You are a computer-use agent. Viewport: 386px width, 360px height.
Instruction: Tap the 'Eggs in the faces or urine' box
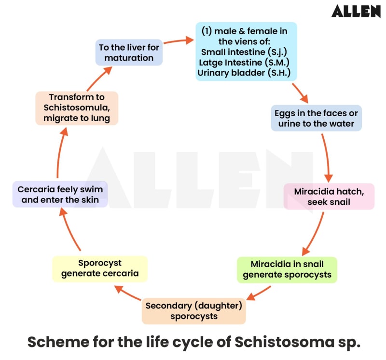[316, 119]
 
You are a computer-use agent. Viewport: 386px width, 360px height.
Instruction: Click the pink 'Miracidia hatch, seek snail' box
[329, 197]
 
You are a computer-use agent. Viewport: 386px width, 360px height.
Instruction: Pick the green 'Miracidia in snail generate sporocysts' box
[287, 270]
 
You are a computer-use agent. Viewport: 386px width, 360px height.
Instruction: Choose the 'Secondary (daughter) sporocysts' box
[193, 311]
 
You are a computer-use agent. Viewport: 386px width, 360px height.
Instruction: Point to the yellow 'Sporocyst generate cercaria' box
[99, 268]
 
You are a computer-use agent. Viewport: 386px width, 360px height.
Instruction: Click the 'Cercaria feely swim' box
[60, 194]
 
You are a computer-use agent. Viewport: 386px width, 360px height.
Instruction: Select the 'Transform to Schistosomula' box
[77, 108]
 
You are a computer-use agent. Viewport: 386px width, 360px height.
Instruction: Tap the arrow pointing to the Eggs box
[301, 93]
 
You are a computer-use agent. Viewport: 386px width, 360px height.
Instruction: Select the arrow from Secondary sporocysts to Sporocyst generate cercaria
[128, 293]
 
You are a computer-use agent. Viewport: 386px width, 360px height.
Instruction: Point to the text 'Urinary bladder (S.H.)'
[246, 73]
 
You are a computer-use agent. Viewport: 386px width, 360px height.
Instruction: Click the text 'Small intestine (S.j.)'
[246, 52]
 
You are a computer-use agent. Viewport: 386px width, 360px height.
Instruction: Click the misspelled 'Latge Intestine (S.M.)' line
[246, 62]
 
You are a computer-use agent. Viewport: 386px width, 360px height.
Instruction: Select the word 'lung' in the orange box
[100, 118]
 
